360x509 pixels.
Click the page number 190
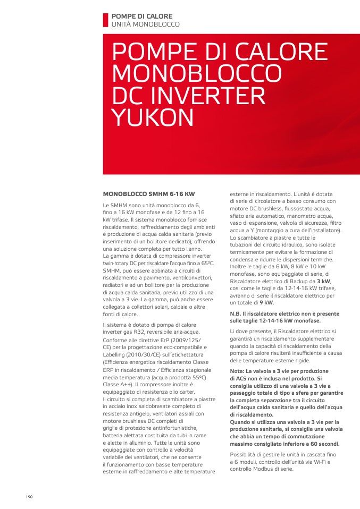(29, 496)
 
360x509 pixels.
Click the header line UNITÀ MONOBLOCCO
(145, 24)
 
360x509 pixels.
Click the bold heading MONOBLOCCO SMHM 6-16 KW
(148, 194)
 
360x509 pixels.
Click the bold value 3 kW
(323, 281)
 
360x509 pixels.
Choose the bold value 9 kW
(266, 302)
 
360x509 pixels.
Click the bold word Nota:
(237, 371)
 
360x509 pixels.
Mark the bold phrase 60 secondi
(322, 444)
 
